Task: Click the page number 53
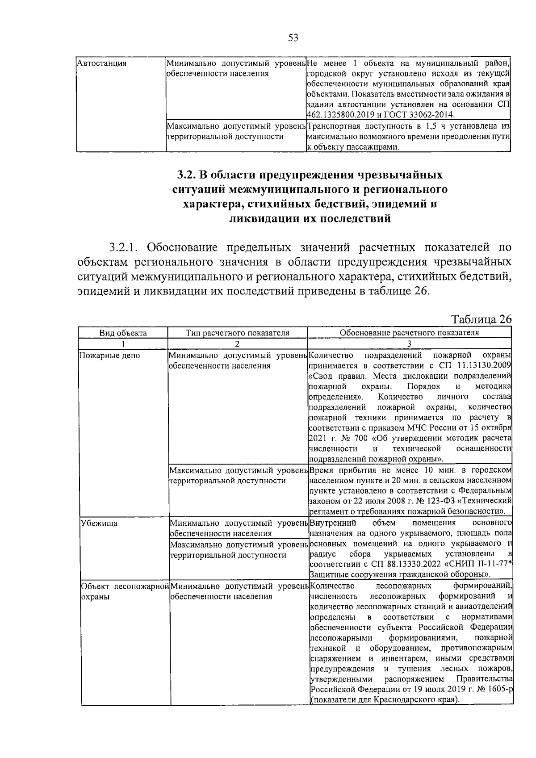(x=293, y=38)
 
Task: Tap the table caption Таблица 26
(x=481, y=319)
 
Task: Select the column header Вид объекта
(x=123, y=333)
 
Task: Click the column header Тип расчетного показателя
(x=237, y=333)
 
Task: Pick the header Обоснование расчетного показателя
(x=409, y=333)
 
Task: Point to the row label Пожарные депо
(x=109, y=356)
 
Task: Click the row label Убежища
(x=99, y=523)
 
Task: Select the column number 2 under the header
(x=237, y=343)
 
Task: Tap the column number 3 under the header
(x=409, y=343)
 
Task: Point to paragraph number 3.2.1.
(x=125, y=247)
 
